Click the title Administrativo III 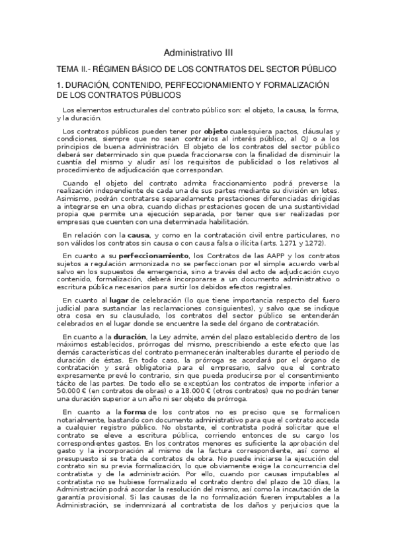pyautogui.click(x=198, y=52)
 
